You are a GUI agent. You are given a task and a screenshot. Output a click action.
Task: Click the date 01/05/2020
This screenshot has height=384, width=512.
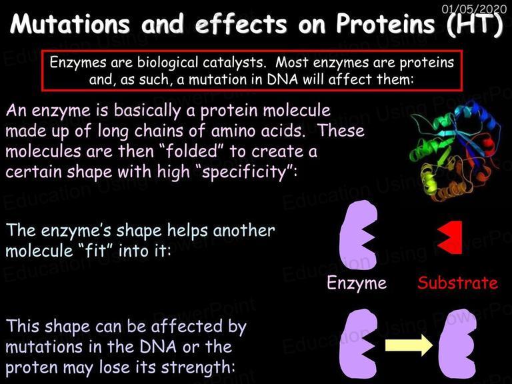coord(474,9)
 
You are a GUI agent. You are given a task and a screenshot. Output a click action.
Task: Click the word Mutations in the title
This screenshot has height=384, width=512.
coord(70,24)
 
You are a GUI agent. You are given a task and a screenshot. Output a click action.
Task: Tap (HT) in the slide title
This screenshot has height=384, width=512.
coord(475,25)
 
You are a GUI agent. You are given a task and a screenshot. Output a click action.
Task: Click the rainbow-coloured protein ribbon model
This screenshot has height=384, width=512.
coord(455,150)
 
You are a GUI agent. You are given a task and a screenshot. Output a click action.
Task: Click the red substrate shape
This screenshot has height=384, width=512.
coord(450,237)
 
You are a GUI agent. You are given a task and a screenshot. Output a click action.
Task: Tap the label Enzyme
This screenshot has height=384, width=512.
coord(357,283)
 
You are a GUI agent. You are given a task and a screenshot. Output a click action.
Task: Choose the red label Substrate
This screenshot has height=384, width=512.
coord(458,283)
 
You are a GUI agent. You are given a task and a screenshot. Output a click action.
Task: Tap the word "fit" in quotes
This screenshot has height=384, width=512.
coord(97,251)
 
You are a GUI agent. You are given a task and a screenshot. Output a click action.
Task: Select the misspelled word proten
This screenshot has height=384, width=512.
coord(32,368)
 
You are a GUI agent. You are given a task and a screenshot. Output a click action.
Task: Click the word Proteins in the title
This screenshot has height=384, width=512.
coord(385,24)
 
